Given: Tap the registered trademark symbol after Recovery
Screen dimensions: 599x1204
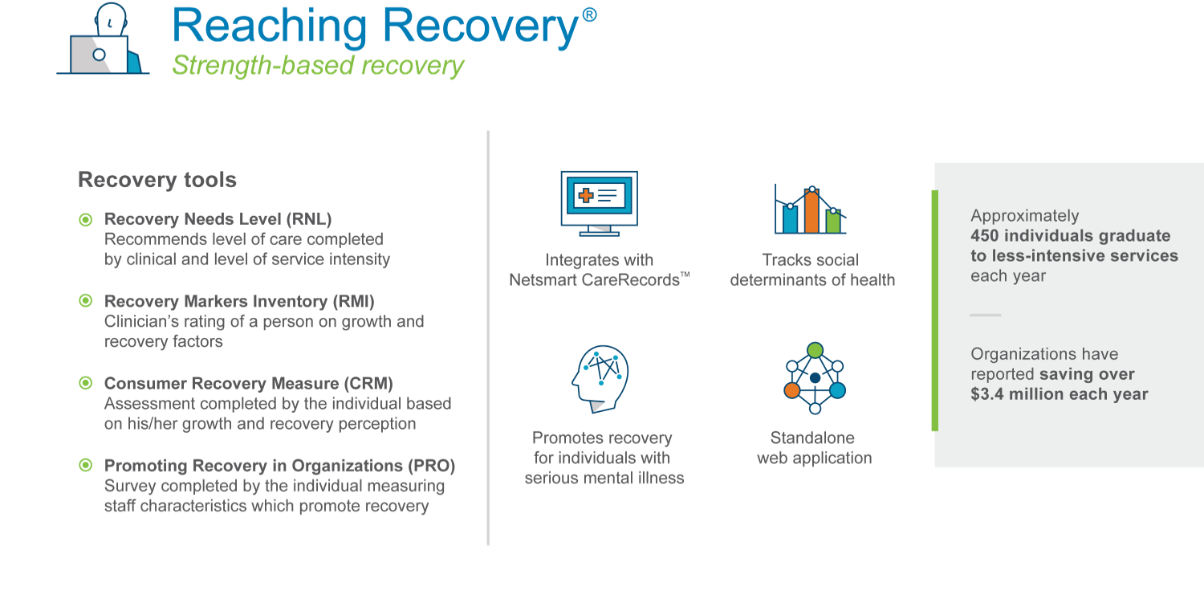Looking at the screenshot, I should click(588, 16).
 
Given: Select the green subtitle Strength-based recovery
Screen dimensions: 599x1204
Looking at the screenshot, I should click(318, 65).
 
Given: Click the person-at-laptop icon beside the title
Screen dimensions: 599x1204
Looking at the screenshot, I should click(103, 42).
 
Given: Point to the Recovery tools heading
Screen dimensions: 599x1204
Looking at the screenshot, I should click(157, 180).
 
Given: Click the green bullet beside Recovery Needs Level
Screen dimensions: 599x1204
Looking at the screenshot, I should click(85, 219).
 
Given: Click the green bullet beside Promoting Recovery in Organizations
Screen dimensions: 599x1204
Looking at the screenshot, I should click(85, 466).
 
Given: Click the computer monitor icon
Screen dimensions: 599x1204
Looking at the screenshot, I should click(599, 201).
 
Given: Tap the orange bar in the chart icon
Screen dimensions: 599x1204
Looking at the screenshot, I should click(811, 210).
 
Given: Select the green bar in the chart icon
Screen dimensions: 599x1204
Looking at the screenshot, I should click(833, 220).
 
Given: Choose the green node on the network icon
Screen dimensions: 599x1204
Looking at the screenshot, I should click(815, 350).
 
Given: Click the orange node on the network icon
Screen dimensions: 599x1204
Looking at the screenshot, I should click(792, 390).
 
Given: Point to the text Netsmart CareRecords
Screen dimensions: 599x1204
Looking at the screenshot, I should click(593, 280).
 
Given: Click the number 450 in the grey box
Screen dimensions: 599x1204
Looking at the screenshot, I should click(985, 236).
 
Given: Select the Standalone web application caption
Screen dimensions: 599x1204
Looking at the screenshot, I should click(814, 448).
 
